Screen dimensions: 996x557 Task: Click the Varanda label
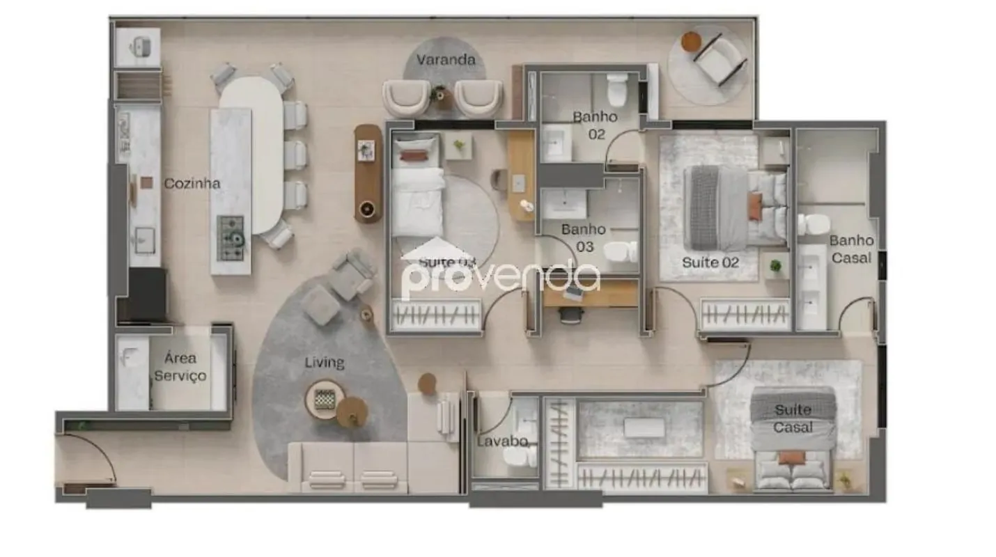[x=446, y=60]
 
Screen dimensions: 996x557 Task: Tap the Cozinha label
[x=192, y=183]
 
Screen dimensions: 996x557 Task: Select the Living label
[x=325, y=363]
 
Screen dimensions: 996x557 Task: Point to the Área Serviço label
[x=180, y=367]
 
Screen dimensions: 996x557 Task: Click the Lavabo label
[x=502, y=441]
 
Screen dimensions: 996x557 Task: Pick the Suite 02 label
[x=710, y=262]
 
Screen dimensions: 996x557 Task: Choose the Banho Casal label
[x=852, y=249]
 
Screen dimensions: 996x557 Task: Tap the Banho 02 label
[x=596, y=125]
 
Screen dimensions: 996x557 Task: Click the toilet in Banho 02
[x=617, y=90]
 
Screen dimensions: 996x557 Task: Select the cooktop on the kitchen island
[x=231, y=238]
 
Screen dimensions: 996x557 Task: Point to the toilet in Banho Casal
[x=813, y=224]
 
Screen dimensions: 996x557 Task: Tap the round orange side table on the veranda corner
[x=691, y=41]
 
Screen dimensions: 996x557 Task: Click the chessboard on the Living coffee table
[x=325, y=399]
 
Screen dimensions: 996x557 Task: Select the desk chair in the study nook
[x=571, y=315]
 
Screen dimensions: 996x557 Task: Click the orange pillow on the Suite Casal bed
[x=791, y=457]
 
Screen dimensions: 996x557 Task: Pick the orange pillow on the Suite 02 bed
[x=755, y=207]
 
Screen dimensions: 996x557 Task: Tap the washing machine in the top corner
[x=139, y=47]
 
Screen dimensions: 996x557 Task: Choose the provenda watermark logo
[x=500, y=275]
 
